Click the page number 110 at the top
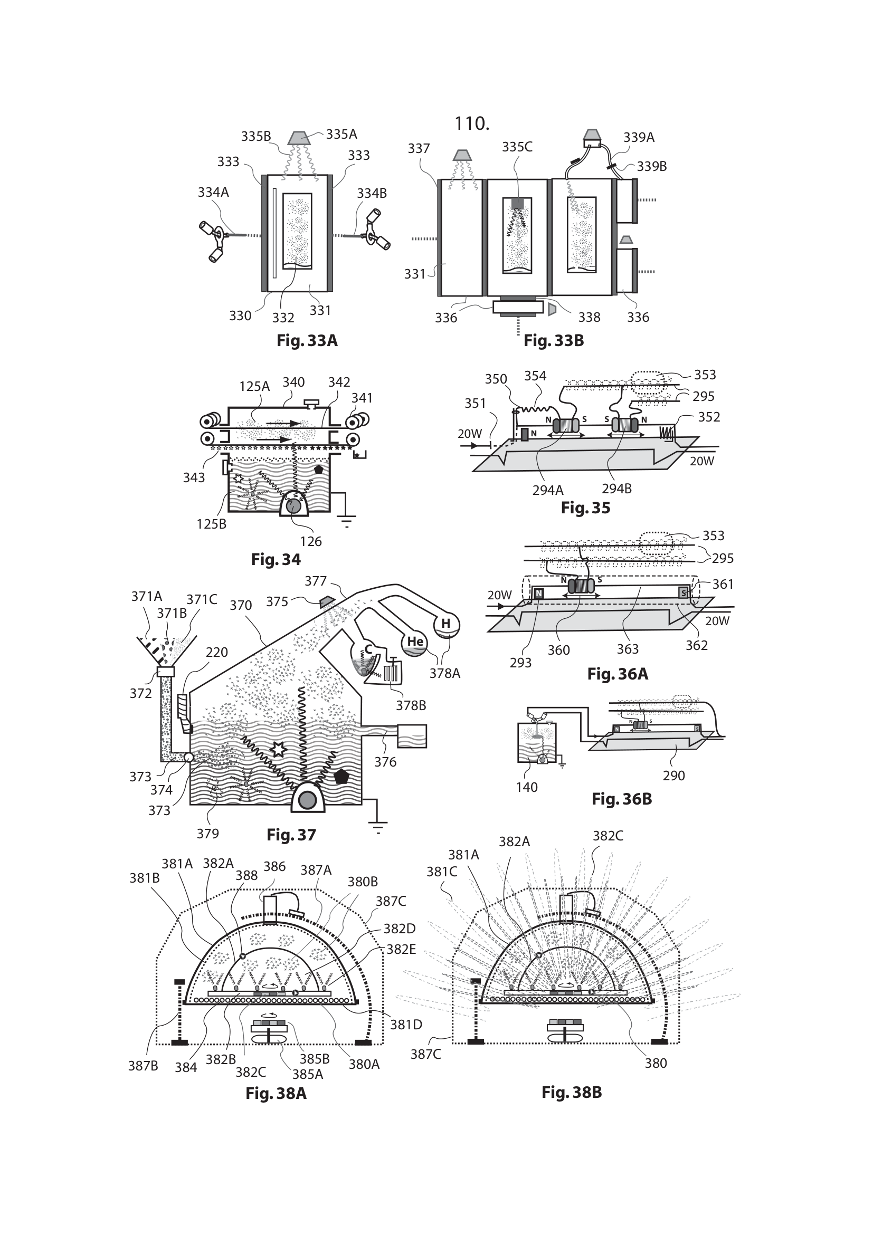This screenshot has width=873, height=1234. click(471, 124)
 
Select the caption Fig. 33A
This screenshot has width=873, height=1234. click(307, 341)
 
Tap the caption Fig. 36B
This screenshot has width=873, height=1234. click(621, 799)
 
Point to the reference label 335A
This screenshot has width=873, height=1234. click(341, 135)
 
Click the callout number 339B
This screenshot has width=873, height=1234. click(651, 167)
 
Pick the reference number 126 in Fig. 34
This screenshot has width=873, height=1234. click(311, 541)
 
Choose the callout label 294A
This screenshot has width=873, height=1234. click(548, 490)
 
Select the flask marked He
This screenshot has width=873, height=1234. click(415, 642)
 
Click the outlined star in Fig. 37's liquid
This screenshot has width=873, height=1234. click(278, 749)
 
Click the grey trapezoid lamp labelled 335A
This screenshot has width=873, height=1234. click(300, 138)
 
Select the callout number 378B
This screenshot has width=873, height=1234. click(411, 705)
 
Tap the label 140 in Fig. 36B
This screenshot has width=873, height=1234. click(526, 787)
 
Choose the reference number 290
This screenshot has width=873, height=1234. click(673, 776)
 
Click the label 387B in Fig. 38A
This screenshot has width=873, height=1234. click(143, 1065)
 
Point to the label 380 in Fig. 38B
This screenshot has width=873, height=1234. click(656, 1063)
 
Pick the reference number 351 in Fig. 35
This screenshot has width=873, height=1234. click(475, 404)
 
